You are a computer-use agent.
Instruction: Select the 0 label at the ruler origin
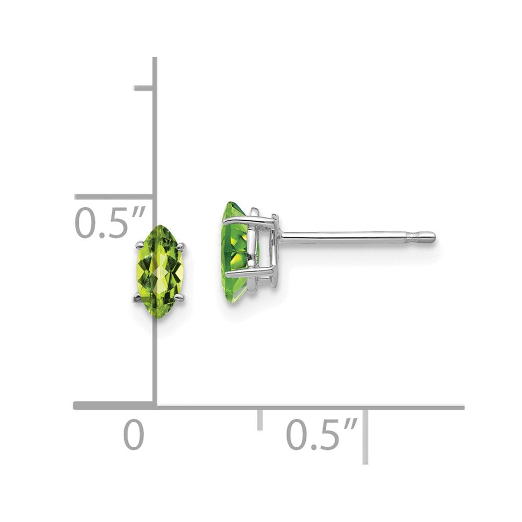point(134,435)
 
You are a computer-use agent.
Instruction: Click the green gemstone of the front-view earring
point(160,271)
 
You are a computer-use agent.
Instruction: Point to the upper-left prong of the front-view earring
point(139,244)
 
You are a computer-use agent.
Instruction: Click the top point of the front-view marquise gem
point(160,226)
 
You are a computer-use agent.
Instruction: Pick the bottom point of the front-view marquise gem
point(160,317)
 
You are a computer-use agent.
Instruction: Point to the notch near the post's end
point(414,238)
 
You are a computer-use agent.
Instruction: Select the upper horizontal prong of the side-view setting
point(250,220)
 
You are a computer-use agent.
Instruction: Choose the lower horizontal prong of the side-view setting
point(250,273)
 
